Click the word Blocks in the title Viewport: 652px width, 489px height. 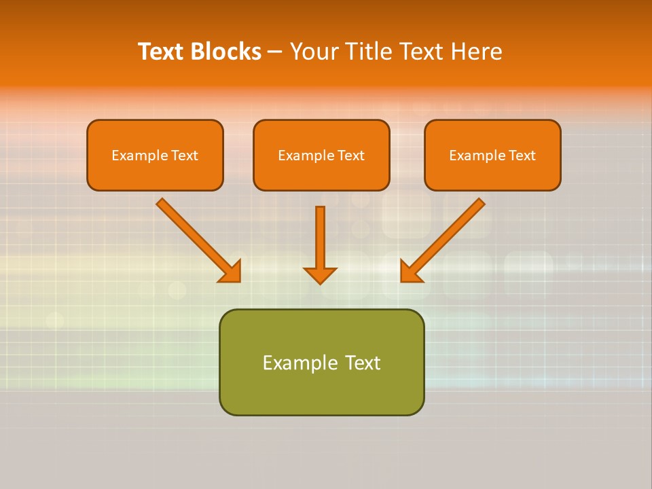click(x=226, y=52)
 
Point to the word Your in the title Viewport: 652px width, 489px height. click(x=313, y=52)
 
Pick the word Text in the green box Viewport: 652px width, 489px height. click(x=363, y=363)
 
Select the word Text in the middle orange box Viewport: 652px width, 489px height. click(x=350, y=156)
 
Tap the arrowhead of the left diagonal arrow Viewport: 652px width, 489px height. click(x=231, y=272)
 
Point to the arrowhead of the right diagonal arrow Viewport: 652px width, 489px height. click(x=410, y=272)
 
